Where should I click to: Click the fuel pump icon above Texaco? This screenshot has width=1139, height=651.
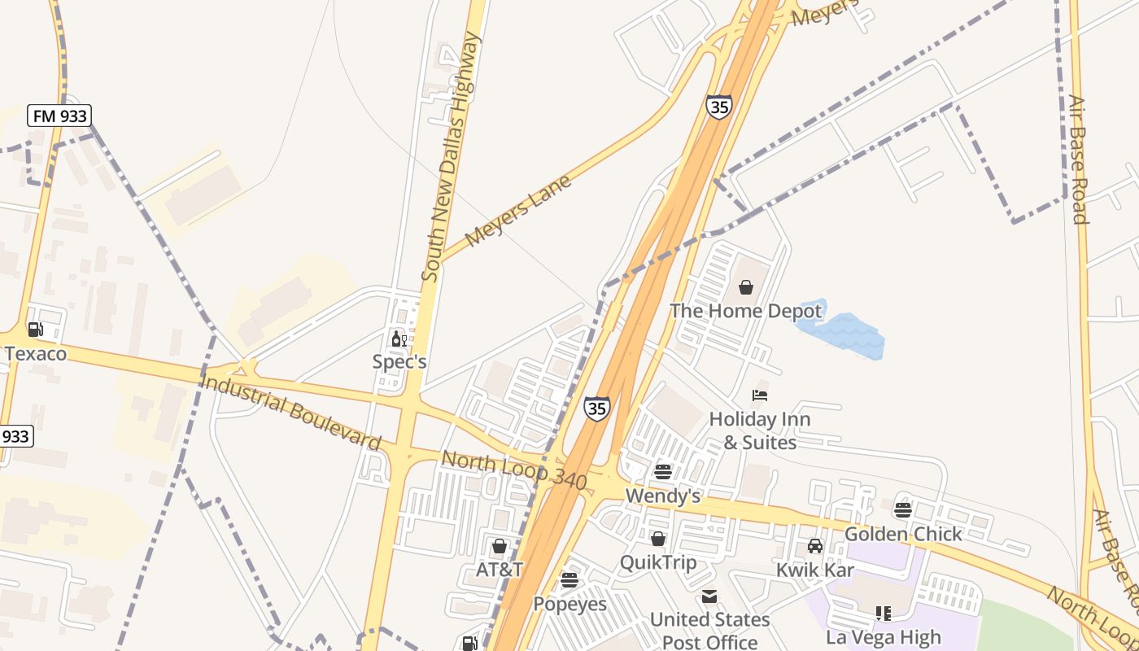(35, 330)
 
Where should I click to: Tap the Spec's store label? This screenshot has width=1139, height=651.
(399, 361)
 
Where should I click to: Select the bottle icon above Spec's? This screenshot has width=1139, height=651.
(399, 339)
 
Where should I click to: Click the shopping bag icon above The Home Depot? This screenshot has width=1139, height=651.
(745, 287)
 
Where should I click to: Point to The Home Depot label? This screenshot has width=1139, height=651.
(745, 311)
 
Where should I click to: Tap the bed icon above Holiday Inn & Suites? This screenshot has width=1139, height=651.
(760, 396)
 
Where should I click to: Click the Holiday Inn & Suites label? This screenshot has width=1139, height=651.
(760, 430)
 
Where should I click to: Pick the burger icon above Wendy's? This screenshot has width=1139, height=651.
(663, 472)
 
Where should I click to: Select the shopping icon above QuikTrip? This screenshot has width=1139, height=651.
(658, 539)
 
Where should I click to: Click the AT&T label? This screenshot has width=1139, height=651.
(500, 570)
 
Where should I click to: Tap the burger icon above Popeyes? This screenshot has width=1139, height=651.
(569, 580)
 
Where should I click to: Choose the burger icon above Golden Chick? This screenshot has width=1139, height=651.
(903, 510)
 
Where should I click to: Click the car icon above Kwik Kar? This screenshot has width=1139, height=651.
(815, 546)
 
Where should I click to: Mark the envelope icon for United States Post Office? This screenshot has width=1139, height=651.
(709, 596)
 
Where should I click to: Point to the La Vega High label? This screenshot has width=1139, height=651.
(884, 636)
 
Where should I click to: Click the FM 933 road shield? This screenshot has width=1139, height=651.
(59, 116)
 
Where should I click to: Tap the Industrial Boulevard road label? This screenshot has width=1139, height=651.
(290, 411)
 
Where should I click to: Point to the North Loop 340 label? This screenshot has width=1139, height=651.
(513, 471)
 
